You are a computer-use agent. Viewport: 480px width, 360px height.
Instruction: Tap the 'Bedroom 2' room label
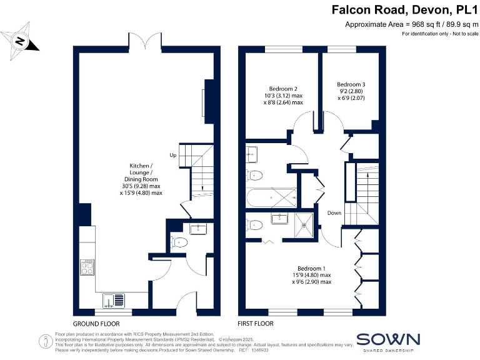282,89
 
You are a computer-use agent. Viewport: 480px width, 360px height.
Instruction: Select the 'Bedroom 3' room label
351,84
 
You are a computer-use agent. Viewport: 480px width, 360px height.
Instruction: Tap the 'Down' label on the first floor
334,213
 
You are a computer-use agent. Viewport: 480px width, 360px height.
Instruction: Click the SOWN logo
388,340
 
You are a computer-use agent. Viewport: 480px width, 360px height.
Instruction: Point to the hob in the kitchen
88,267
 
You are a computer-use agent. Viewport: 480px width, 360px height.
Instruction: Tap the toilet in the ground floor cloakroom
180,242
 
